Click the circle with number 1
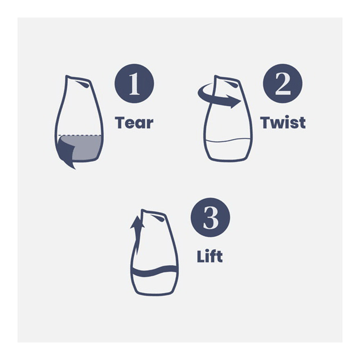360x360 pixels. click(x=134, y=84)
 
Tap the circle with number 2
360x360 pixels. click(x=283, y=84)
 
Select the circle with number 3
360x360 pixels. click(x=210, y=217)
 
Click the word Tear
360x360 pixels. click(x=134, y=123)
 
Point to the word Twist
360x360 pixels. click(x=283, y=122)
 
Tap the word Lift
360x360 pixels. click(x=210, y=256)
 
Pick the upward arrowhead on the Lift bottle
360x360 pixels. click(x=137, y=222)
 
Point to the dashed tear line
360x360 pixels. click(x=80, y=135)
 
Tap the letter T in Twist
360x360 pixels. click(x=266, y=122)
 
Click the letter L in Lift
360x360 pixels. click(x=201, y=256)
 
